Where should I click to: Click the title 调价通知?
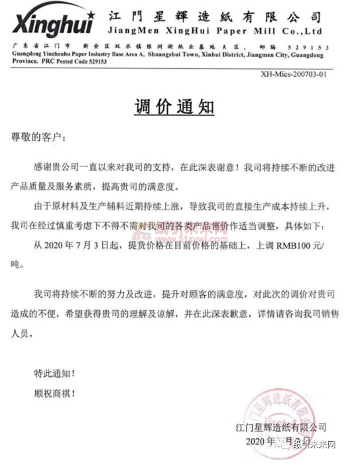coord(180,107)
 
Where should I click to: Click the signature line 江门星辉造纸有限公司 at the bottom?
coord(286,428)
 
